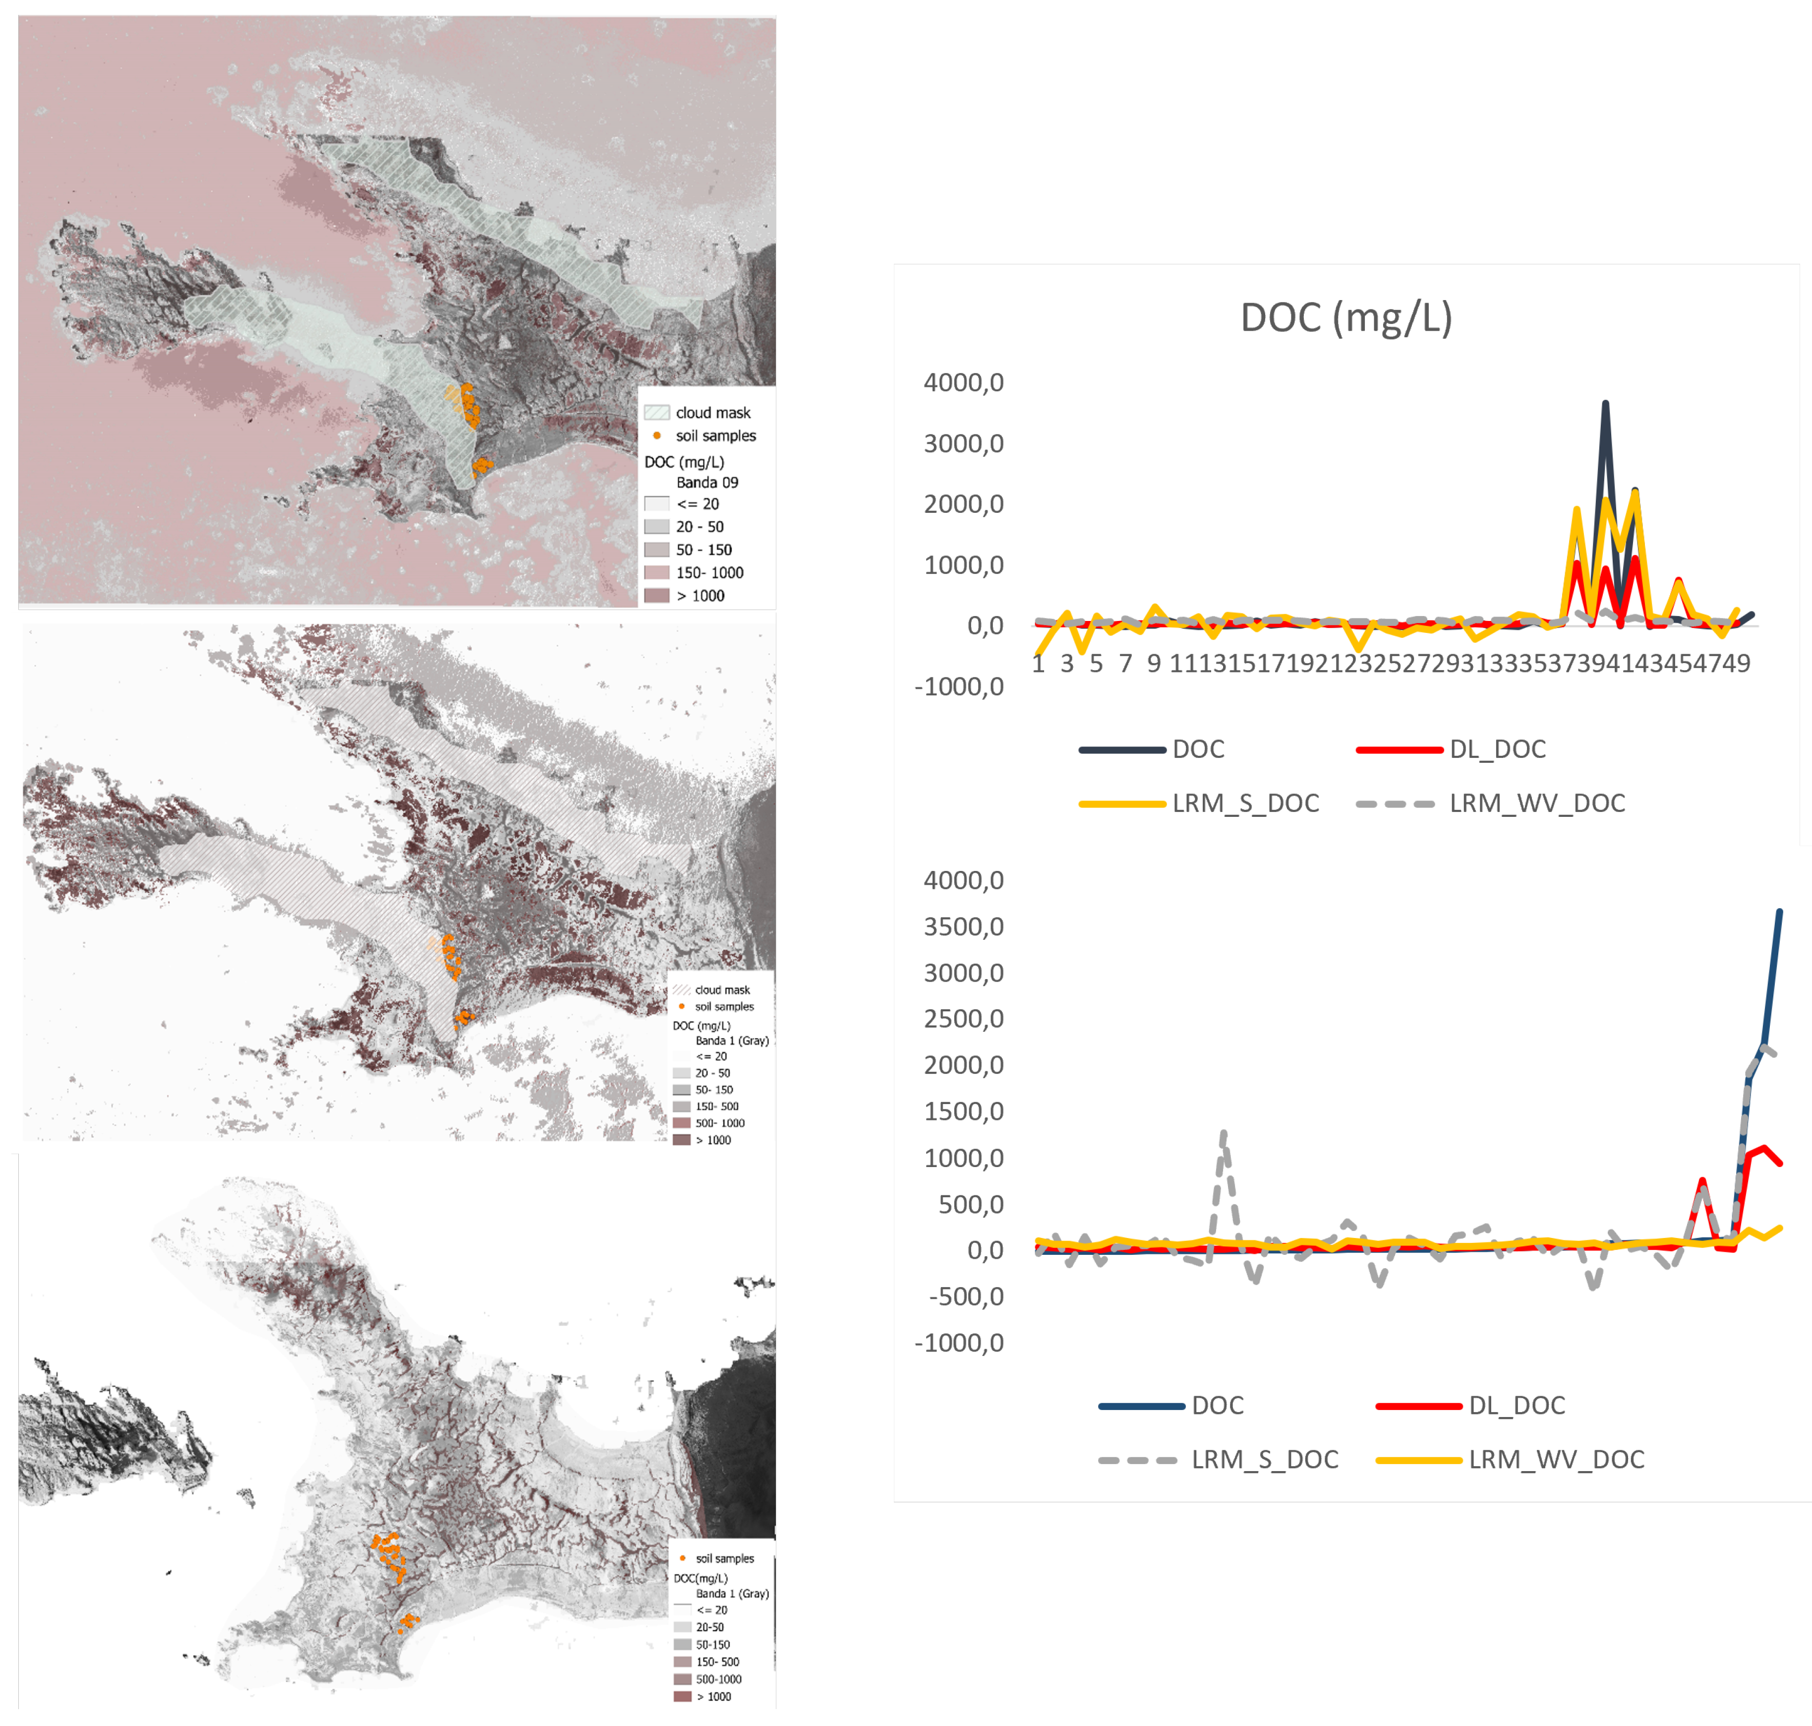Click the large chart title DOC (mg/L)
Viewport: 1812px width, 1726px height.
click(x=1345, y=317)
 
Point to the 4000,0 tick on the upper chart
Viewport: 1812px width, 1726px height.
click(x=963, y=383)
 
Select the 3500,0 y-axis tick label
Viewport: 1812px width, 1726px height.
click(x=963, y=926)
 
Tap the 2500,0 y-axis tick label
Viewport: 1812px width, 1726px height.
click(x=963, y=1018)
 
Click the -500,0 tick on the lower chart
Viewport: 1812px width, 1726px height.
click(x=966, y=1296)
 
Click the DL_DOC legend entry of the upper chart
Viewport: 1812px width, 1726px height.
click(x=1497, y=749)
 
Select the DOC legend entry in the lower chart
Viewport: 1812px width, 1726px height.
click(x=1217, y=1405)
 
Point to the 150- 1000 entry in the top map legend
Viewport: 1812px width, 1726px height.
click(x=709, y=572)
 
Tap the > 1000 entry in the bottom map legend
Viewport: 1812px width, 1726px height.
click(x=714, y=1697)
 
